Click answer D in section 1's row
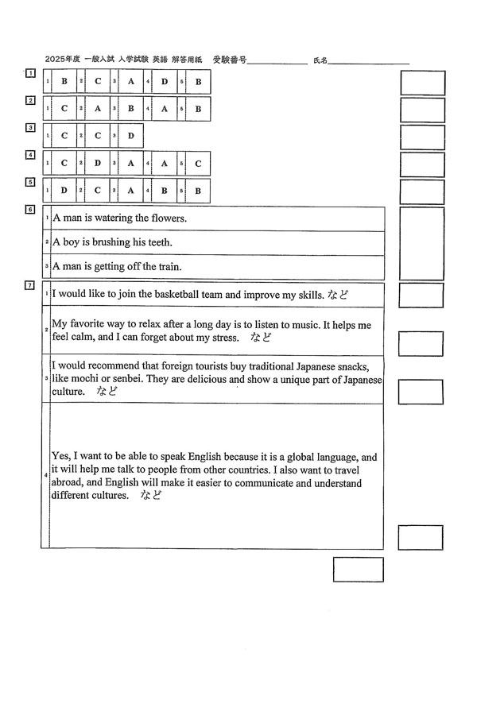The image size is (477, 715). coord(165,82)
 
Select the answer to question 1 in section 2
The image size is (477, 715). coord(64,109)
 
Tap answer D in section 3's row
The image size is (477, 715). coord(131,136)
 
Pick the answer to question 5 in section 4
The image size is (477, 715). coord(198,164)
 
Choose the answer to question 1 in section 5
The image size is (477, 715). coord(64,191)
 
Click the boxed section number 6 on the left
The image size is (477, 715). coord(30,210)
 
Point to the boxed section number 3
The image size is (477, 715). coord(30,127)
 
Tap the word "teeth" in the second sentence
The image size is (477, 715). coord(156,242)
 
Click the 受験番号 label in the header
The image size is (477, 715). coord(230,60)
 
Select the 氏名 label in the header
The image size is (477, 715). coord(320,60)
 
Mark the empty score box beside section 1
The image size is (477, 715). coord(422,83)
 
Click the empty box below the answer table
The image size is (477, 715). coord(358,570)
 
